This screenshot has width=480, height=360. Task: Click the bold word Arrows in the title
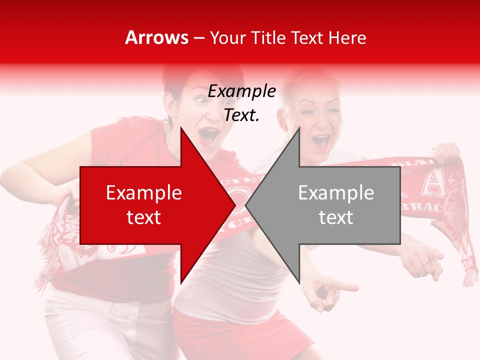pyautogui.click(x=157, y=37)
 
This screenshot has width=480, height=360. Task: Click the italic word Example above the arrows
pyautogui.click(x=241, y=91)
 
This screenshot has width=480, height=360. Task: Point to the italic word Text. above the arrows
pyautogui.click(x=241, y=115)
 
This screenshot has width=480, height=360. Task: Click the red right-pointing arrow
pyautogui.click(x=150, y=205)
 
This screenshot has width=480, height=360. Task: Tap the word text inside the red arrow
pyautogui.click(x=143, y=217)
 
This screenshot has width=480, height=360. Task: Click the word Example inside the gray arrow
pyautogui.click(x=336, y=193)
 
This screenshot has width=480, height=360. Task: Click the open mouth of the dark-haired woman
pyautogui.click(x=209, y=135)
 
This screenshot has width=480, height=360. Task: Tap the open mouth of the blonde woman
pyautogui.click(x=320, y=141)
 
